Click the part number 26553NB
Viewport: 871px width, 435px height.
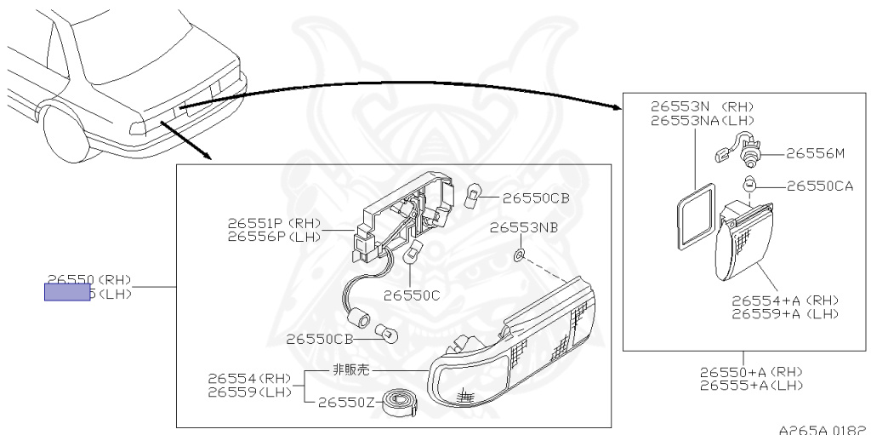(525, 228)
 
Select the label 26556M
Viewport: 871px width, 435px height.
(815, 153)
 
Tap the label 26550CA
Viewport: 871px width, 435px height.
(819, 186)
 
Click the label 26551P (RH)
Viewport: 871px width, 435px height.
(274, 224)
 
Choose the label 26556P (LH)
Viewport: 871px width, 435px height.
(274, 237)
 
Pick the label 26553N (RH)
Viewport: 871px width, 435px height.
(702, 107)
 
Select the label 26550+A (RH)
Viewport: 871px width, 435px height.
(750, 372)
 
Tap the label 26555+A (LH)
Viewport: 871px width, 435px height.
(750, 385)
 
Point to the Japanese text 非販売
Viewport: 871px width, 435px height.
(350, 371)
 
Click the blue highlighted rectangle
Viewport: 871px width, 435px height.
(67, 294)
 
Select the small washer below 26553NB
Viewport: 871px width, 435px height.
(520, 255)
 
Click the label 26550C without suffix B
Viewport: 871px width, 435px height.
(412, 295)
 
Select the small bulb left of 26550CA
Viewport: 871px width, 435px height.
(749, 185)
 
